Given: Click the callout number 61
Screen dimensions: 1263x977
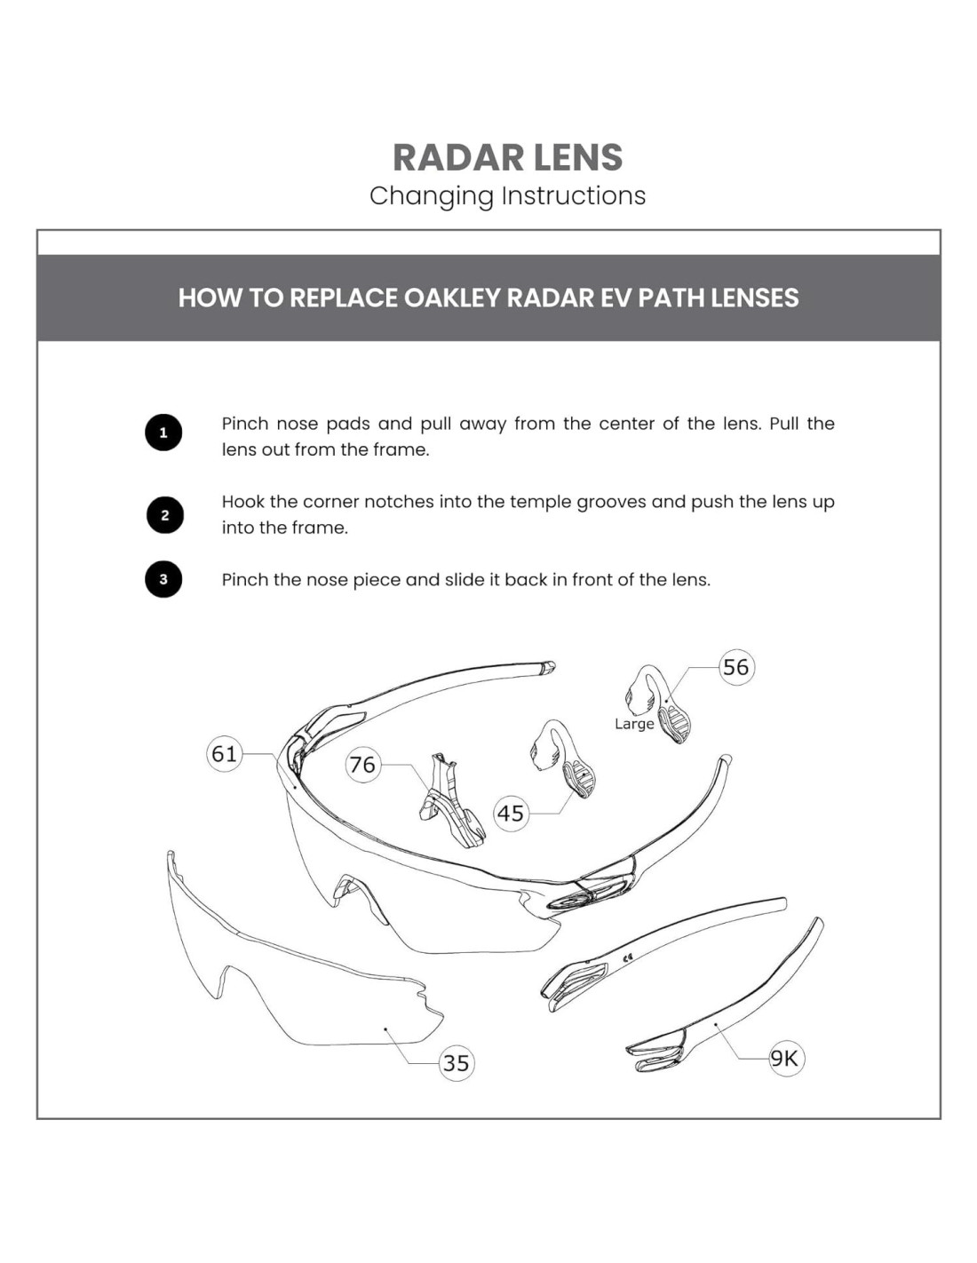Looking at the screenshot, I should click(224, 754).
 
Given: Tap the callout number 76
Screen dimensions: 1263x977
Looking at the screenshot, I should click(362, 764).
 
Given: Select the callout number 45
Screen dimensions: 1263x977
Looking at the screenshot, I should click(511, 813).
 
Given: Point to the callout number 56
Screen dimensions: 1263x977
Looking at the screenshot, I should click(735, 667).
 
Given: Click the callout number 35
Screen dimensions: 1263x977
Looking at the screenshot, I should click(456, 1062).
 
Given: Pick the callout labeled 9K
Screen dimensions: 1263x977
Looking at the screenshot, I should click(784, 1058).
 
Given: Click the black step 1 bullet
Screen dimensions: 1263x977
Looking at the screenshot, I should click(163, 433).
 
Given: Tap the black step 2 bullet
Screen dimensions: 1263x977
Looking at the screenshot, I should click(164, 515).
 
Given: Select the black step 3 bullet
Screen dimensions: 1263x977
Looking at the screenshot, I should click(163, 579).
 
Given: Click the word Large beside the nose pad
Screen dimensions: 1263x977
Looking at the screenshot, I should click(634, 724).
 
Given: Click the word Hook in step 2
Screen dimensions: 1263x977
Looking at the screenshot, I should click(242, 502).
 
